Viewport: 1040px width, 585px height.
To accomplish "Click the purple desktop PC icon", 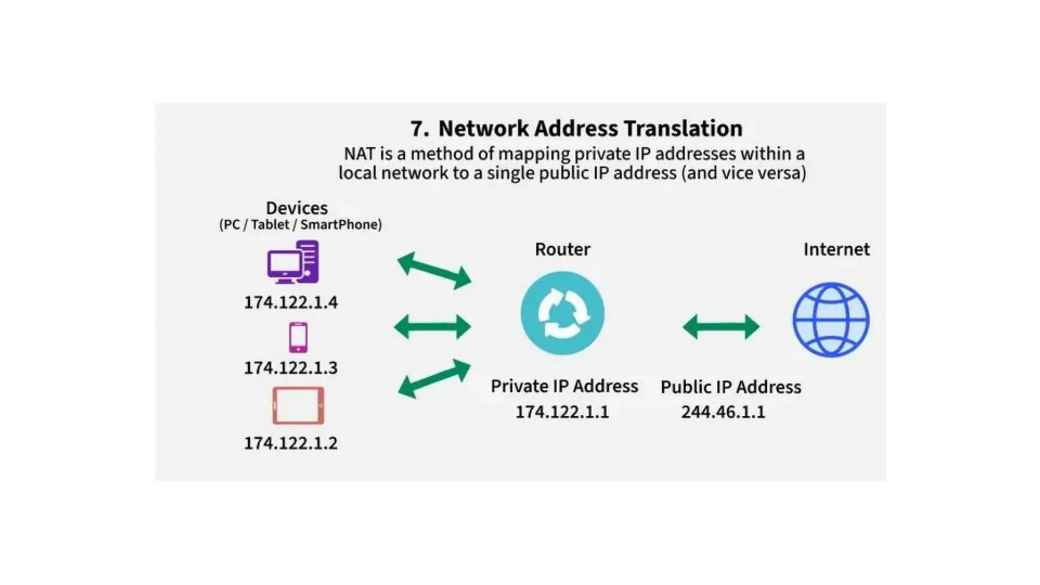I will [293, 262].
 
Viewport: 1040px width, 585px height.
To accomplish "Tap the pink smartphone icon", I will [298, 337].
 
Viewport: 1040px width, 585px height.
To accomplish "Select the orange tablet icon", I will [298, 405].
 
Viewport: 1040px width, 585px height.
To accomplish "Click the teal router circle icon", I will [562, 313].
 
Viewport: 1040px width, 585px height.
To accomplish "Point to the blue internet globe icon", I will [831, 320].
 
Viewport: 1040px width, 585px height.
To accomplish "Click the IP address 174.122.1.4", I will [290, 303].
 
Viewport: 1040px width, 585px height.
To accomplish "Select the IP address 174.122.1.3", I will [290, 368].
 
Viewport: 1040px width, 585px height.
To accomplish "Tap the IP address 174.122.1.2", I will [290, 443].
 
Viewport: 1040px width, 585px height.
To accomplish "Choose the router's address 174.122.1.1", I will [562, 412].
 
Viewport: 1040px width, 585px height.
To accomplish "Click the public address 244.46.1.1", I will [723, 412].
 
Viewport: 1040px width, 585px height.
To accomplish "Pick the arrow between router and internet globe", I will [721, 327].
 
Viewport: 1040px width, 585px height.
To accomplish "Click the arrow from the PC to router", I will [434, 271].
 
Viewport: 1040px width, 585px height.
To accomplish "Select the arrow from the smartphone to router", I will [433, 327].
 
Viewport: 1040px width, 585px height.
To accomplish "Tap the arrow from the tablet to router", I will [434, 379].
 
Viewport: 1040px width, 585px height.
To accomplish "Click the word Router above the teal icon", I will [562, 249].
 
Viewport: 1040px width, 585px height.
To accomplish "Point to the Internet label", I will [836, 249].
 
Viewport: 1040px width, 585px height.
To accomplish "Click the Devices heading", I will [297, 208].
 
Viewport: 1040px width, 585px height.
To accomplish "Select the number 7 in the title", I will [418, 129].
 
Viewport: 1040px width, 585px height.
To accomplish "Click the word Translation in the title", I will [683, 128].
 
